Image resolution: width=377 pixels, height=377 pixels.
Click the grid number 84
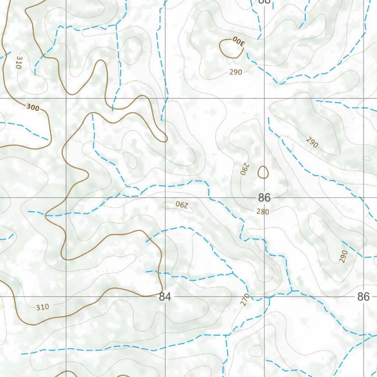165,297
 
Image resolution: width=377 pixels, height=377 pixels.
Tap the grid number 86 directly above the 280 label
264,198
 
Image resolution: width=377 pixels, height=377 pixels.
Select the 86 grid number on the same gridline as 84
363,297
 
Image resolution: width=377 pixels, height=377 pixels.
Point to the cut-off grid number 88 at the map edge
264,1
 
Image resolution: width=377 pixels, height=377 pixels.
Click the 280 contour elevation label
263,212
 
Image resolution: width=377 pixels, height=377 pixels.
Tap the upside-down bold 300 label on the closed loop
238,41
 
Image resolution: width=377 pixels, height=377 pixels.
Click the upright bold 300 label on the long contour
33,108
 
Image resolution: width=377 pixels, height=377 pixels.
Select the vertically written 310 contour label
19,62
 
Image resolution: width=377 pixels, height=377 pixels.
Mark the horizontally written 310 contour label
42,307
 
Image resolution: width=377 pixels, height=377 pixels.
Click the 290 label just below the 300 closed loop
236,72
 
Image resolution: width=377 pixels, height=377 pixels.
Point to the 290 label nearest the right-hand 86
343,256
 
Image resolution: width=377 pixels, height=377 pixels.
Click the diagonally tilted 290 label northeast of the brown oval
311,142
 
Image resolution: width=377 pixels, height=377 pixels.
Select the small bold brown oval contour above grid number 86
263,172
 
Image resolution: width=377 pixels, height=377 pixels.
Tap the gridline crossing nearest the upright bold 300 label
66,98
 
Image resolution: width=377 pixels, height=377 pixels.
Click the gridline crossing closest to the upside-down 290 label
165,198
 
